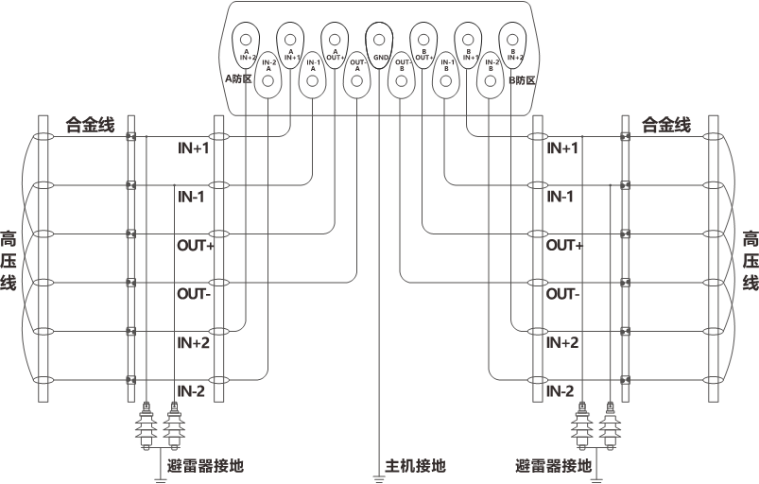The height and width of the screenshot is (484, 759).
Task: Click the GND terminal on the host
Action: [379, 41]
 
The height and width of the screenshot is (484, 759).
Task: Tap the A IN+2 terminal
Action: [246, 41]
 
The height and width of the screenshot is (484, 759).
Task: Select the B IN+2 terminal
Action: [511, 41]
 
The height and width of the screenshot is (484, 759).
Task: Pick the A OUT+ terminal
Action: [334, 41]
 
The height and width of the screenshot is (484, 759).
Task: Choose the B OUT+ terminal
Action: [423, 41]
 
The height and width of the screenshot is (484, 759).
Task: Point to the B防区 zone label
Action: [521, 80]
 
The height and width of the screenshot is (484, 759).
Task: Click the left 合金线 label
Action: [89, 125]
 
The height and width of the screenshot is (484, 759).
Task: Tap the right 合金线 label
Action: [666, 125]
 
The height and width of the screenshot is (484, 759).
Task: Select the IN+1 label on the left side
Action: [194, 148]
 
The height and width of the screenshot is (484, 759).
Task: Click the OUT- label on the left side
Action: [194, 294]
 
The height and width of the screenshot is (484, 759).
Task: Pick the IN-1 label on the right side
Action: [561, 197]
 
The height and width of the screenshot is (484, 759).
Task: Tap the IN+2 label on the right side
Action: [563, 342]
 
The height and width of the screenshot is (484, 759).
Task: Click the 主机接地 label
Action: [415, 466]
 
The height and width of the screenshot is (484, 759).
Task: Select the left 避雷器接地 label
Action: [205, 466]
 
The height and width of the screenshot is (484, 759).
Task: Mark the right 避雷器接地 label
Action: [554, 466]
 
